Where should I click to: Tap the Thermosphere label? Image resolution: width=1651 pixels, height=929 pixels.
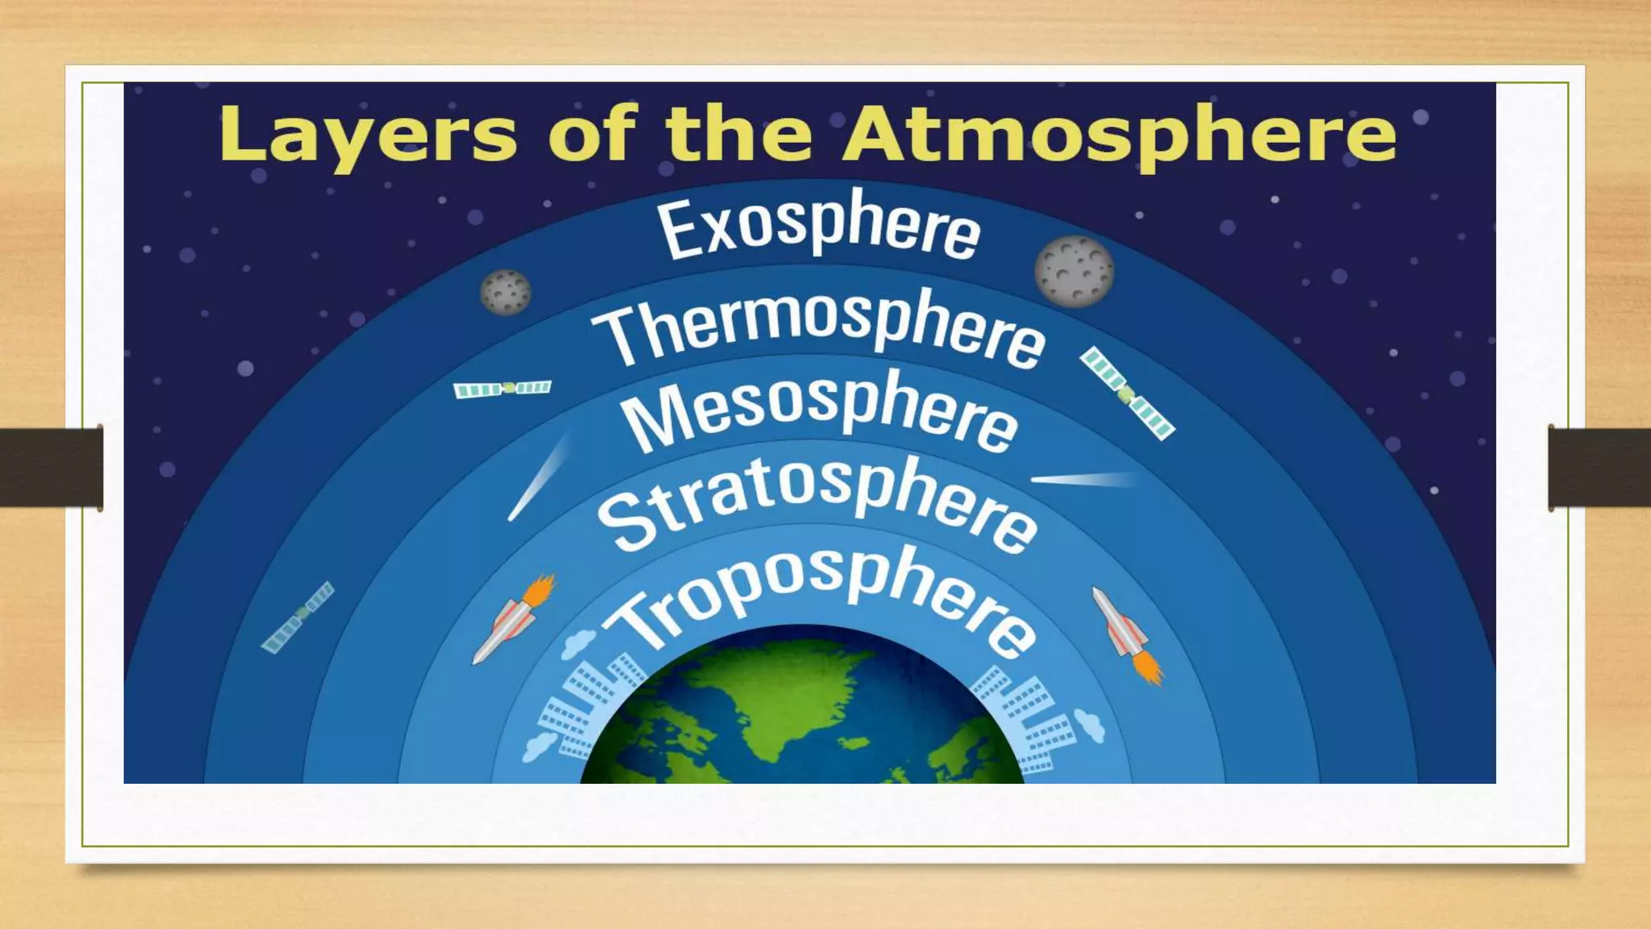[x=818, y=327]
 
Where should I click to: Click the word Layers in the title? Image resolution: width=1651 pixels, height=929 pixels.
[x=367, y=135]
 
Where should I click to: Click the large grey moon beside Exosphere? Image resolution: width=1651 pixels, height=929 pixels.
[x=1074, y=272]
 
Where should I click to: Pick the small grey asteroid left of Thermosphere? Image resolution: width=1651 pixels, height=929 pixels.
[x=505, y=292]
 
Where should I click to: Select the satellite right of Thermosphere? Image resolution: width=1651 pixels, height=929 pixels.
[x=1127, y=394]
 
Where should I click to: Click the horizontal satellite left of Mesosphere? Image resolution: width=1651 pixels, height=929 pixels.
[x=502, y=389]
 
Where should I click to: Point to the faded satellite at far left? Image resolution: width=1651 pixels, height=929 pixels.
[x=297, y=617]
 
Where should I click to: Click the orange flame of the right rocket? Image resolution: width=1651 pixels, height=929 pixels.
[x=1150, y=668]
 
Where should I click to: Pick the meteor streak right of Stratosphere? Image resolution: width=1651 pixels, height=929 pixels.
[x=1084, y=481]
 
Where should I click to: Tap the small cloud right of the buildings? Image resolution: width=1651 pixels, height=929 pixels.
[x=1090, y=725]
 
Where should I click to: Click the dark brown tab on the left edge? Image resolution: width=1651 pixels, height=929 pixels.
[x=51, y=468]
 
